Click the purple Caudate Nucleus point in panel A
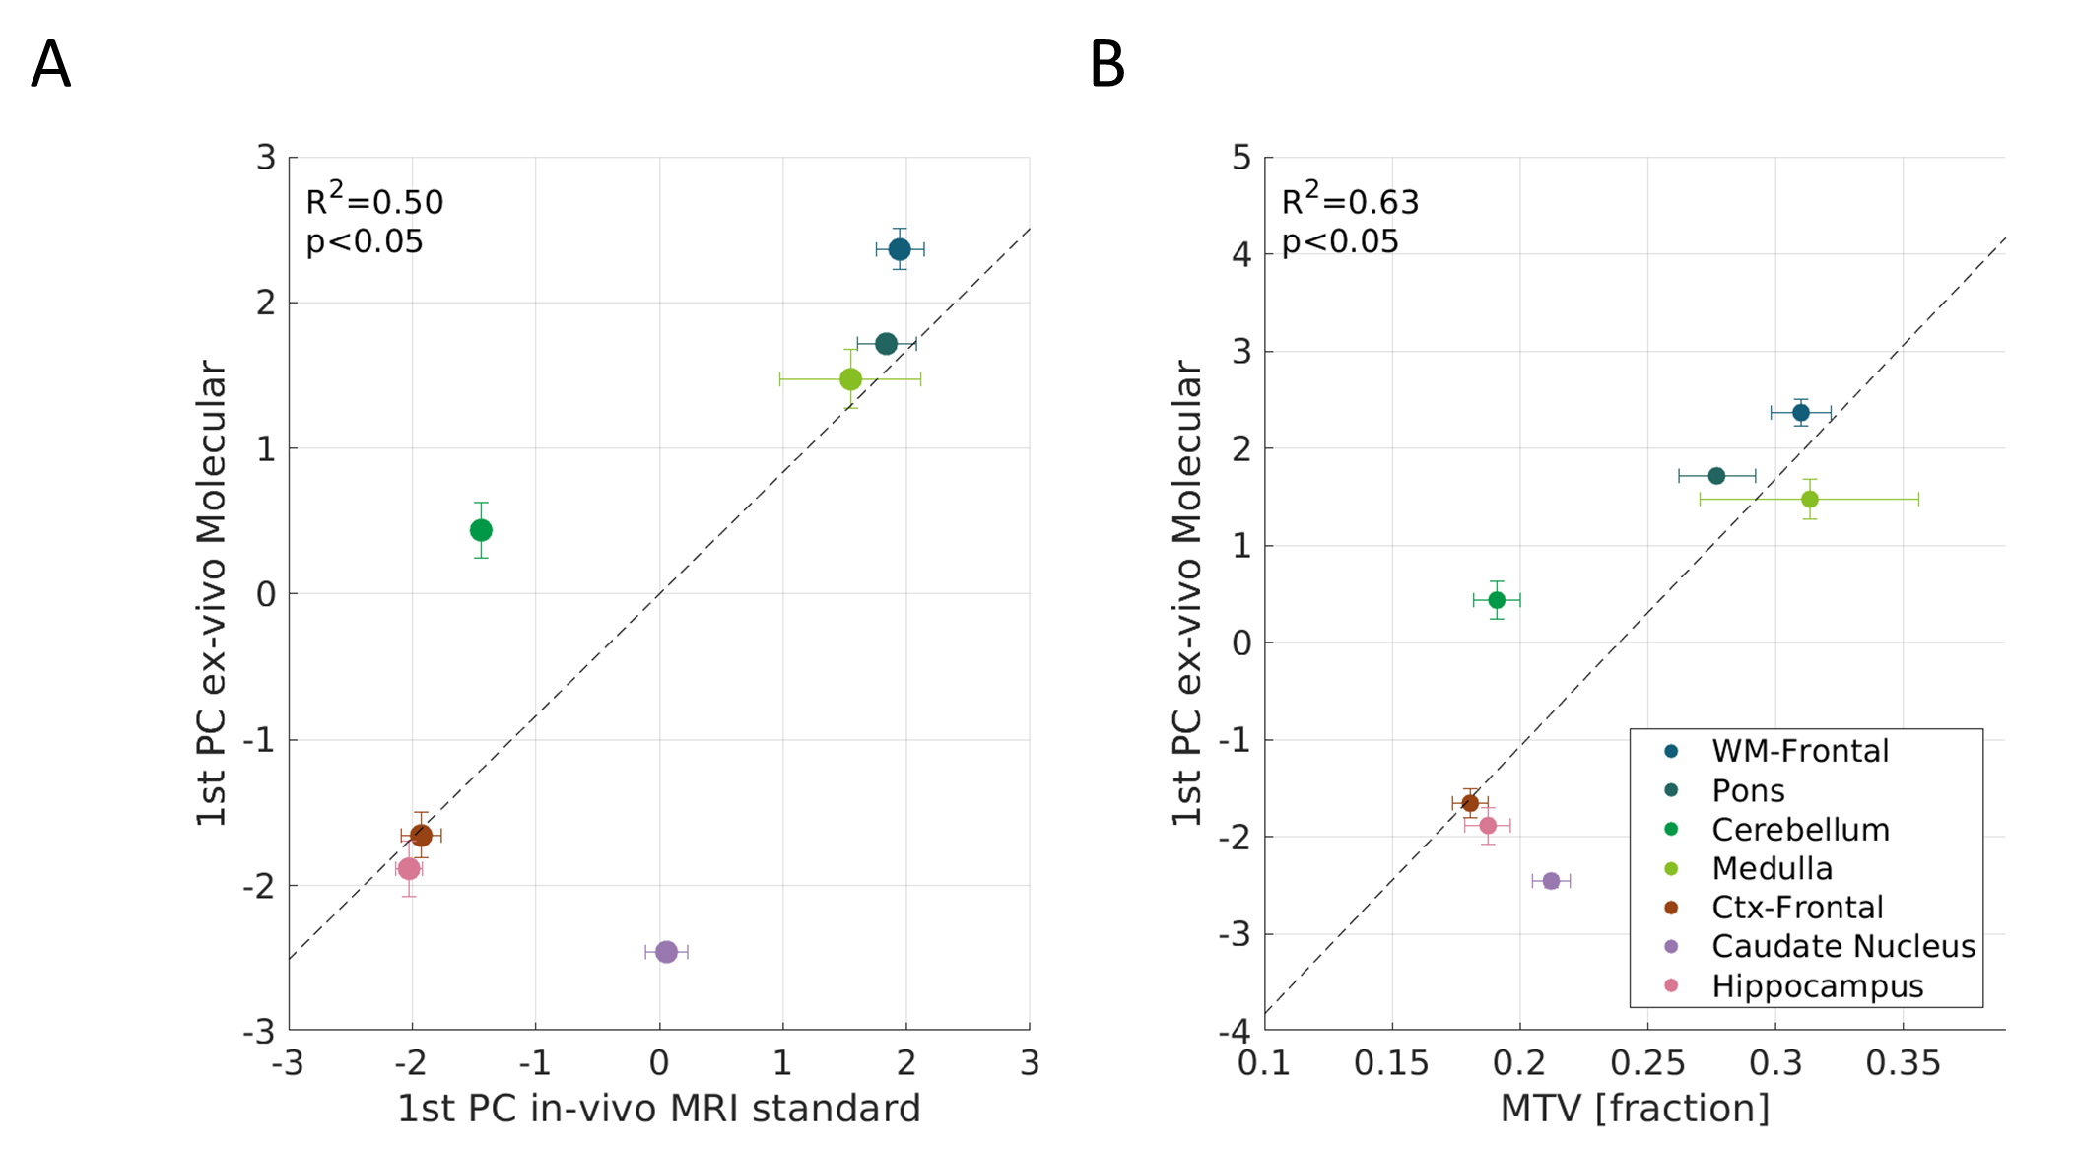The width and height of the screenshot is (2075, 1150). (x=666, y=952)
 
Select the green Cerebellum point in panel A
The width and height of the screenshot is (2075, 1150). (x=481, y=530)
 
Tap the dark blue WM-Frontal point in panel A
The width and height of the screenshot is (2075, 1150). (x=900, y=249)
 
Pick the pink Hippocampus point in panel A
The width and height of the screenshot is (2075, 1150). (x=409, y=869)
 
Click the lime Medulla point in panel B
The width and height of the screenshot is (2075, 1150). (x=1810, y=500)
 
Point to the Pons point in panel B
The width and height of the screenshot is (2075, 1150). (x=1716, y=476)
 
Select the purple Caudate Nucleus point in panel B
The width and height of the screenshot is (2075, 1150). (x=1551, y=881)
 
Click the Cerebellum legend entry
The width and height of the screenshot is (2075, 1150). (x=1800, y=830)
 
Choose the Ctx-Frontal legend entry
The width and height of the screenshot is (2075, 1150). (x=1797, y=908)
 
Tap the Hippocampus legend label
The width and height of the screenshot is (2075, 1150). (x=1817, y=986)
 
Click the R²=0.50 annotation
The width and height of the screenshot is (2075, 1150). (x=374, y=201)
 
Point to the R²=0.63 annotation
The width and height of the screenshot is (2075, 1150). (x=1350, y=201)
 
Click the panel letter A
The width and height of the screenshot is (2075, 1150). (x=51, y=65)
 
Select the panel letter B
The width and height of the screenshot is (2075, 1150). (x=1106, y=65)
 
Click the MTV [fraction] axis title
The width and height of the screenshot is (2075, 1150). (x=1635, y=1109)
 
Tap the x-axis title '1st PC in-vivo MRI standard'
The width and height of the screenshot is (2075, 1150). (x=659, y=1109)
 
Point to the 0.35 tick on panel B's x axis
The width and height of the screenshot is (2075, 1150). (x=1903, y=1063)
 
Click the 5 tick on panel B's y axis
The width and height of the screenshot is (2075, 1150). (x=1241, y=158)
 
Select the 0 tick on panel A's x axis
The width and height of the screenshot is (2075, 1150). (x=659, y=1063)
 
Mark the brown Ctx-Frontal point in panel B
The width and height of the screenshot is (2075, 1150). (x=1470, y=803)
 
